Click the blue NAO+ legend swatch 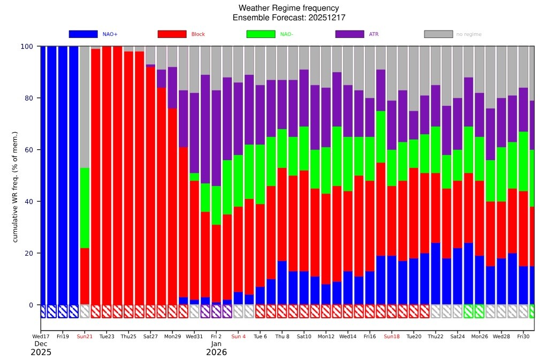click(x=83, y=34)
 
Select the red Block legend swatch click(x=172, y=34)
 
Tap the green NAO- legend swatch click(x=261, y=34)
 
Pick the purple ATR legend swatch click(x=349, y=34)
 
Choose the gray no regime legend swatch click(x=438, y=34)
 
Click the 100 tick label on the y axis click(x=27, y=47)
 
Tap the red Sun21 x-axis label click(x=85, y=336)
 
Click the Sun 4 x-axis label click(x=238, y=336)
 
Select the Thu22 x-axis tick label click(x=436, y=336)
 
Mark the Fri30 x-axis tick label click(x=523, y=336)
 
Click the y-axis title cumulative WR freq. click(x=15, y=187)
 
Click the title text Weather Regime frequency click(x=288, y=8)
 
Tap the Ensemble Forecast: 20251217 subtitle click(x=288, y=18)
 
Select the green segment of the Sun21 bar click(x=85, y=208)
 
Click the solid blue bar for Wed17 click(x=43, y=175)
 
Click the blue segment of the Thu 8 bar click(x=282, y=283)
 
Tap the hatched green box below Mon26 click(x=480, y=311)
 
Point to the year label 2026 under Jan click(x=216, y=353)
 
